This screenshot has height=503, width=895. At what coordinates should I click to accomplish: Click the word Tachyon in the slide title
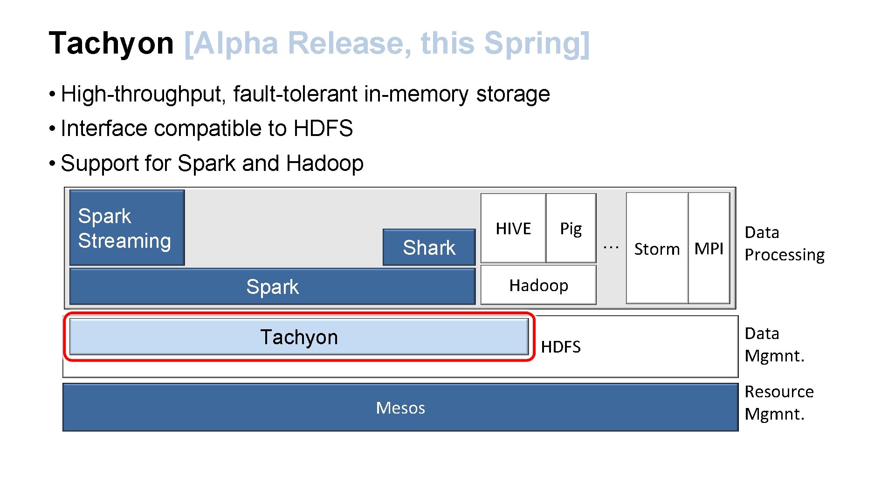pyautogui.click(x=111, y=43)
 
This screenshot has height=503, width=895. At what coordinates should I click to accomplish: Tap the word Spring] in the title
pyautogui.click(x=537, y=43)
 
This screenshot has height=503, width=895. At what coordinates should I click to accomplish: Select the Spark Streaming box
pyautogui.click(x=127, y=228)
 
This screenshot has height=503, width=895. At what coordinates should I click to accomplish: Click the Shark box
pyautogui.click(x=429, y=247)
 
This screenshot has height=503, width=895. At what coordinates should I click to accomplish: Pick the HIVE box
pyautogui.click(x=513, y=229)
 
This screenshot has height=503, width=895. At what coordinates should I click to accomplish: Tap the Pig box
pyautogui.click(x=571, y=229)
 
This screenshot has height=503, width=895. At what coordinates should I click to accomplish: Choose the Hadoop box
pyautogui.click(x=538, y=285)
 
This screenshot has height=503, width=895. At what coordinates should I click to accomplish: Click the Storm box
pyautogui.click(x=657, y=249)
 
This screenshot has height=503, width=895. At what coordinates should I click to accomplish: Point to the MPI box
pyautogui.click(x=709, y=249)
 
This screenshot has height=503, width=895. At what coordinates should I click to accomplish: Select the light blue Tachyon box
pyautogui.click(x=299, y=337)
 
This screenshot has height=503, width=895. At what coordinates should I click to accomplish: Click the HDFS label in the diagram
pyautogui.click(x=561, y=347)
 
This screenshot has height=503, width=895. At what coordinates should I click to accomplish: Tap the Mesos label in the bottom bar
pyautogui.click(x=400, y=408)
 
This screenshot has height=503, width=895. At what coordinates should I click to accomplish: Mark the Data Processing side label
pyautogui.click(x=784, y=244)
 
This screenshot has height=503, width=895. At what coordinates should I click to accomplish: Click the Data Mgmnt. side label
pyautogui.click(x=774, y=345)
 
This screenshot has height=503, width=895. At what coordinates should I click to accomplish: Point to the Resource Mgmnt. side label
pyautogui.click(x=778, y=403)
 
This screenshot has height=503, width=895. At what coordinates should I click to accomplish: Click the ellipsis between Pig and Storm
pyautogui.click(x=611, y=247)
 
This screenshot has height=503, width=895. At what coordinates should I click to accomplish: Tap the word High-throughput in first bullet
pyautogui.click(x=143, y=94)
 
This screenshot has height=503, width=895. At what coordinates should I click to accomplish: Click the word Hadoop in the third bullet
pyautogui.click(x=324, y=163)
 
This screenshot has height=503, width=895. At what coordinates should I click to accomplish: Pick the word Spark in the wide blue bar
pyautogui.click(x=272, y=287)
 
